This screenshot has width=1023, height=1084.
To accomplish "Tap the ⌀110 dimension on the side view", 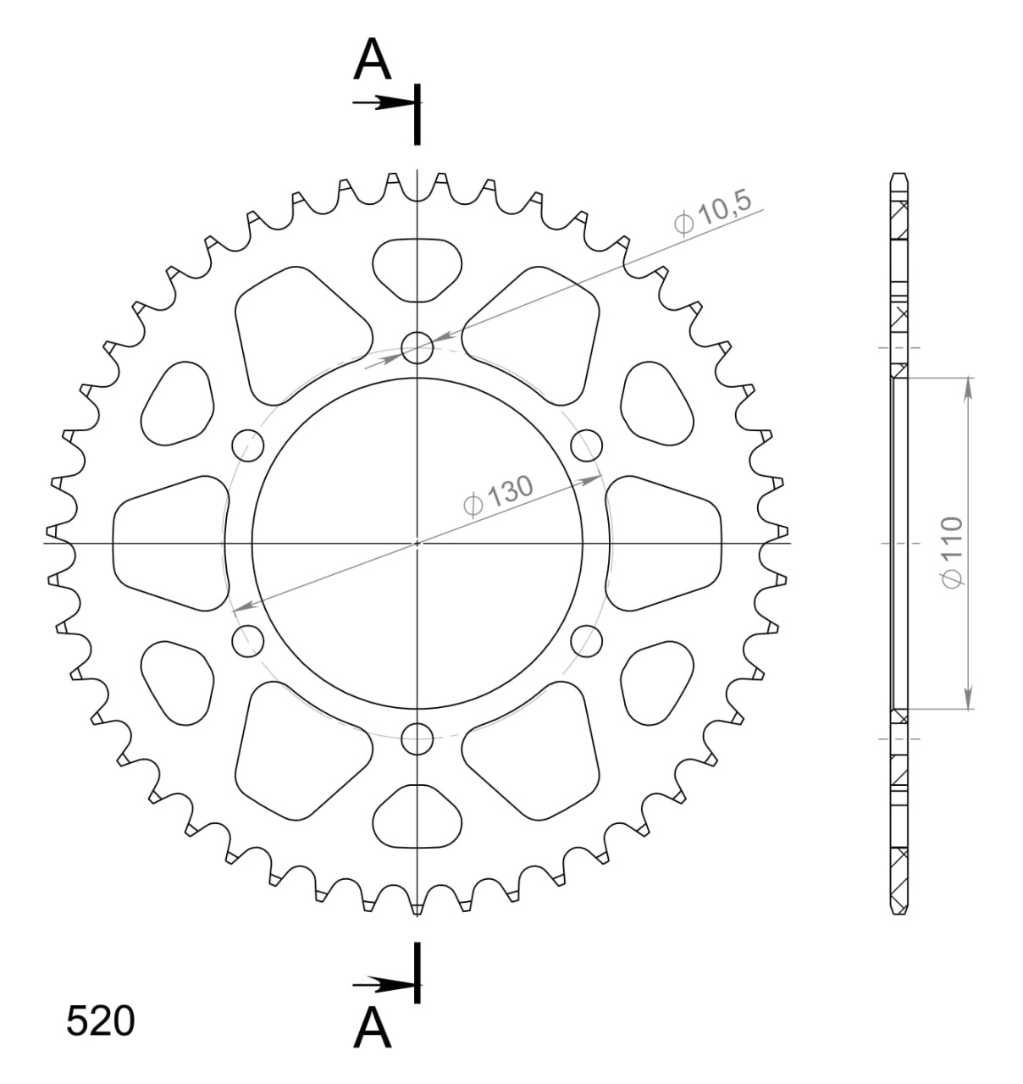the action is pos(952,552).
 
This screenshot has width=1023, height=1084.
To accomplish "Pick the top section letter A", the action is pos(373,59).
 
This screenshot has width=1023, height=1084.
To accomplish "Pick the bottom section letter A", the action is pos(373,1028).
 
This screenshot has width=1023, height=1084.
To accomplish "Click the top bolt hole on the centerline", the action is pos(417,347).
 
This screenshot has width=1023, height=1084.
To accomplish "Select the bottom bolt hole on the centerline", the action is pos(417,739).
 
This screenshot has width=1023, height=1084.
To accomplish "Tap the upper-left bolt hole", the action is pos(248,445).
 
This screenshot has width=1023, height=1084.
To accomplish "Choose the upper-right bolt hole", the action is pos(587,445).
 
